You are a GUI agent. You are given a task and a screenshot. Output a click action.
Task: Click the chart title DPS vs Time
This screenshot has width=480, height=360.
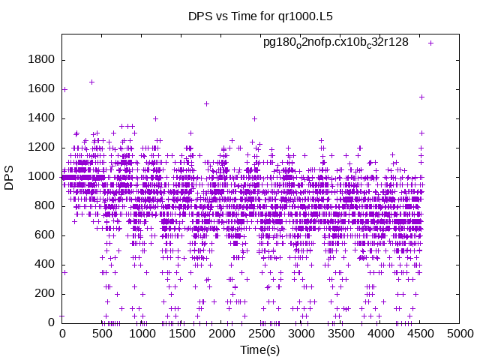[239, 16]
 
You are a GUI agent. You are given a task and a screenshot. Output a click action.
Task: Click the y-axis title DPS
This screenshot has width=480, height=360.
[10, 177]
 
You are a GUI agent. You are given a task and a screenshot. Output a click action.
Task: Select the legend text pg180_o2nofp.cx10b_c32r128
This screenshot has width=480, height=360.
[335, 43]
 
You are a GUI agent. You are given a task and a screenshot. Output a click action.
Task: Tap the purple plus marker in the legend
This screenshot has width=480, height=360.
[430, 43]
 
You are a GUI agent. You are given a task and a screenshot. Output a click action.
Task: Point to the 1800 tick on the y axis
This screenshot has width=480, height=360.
[43, 60]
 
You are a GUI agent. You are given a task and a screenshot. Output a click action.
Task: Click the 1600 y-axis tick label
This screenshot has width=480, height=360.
[43, 89]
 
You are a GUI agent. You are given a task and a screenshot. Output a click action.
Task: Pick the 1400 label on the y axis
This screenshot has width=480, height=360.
[43, 118]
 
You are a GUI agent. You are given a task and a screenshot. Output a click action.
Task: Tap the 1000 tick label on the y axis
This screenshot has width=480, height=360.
[43, 177]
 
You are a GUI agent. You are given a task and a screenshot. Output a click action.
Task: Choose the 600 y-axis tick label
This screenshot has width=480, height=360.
[46, 235]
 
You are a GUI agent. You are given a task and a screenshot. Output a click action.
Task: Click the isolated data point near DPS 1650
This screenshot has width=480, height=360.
[91, 82]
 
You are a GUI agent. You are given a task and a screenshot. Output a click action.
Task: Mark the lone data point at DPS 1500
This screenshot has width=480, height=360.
[206, 103]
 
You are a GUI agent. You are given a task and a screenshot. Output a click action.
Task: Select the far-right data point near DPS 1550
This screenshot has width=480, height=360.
[422, 97]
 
